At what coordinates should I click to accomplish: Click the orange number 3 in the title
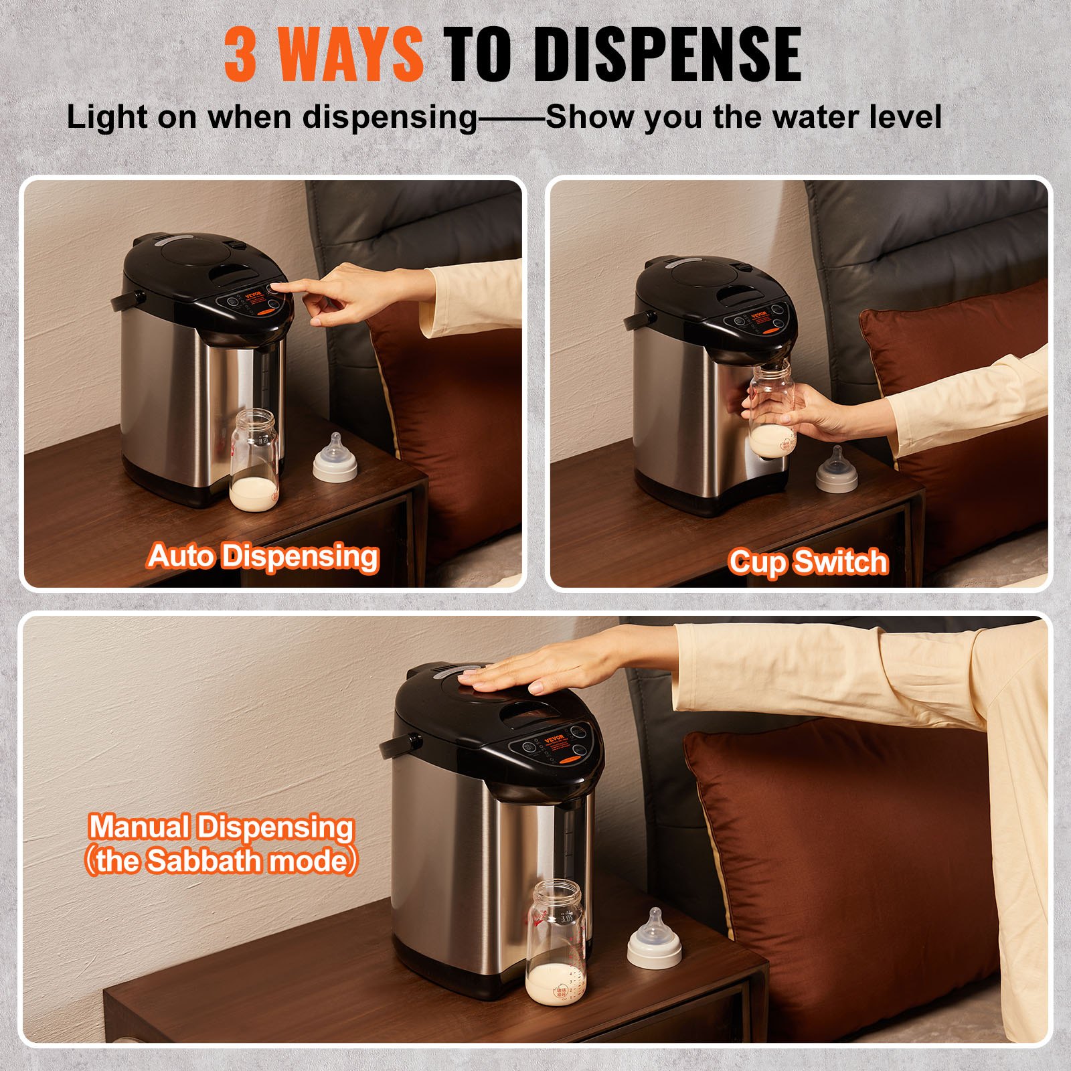click(240, 54)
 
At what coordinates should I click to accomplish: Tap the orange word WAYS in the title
click(350, 54)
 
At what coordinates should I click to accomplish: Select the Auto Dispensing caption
click(263, 557)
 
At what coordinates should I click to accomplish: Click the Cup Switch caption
click(808, 562)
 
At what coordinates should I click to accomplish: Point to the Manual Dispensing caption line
click(221, 827)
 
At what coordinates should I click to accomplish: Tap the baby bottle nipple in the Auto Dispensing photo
click(335, 459)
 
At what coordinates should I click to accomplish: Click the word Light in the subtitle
click(106, 117)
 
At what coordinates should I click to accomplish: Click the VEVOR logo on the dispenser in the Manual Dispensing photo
click(555, 739)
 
